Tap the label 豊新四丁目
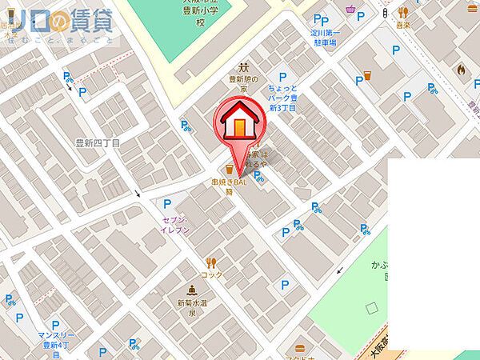[x=98, y=143]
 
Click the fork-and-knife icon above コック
[x=212, y=262]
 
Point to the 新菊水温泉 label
[x=192, y=309]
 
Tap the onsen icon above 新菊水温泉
[x=192, y=290]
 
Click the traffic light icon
[x=386, y=14]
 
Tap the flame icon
[x=461, y=70]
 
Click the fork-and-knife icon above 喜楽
[x=404, y=14]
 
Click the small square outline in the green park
[x=370, y=307]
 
